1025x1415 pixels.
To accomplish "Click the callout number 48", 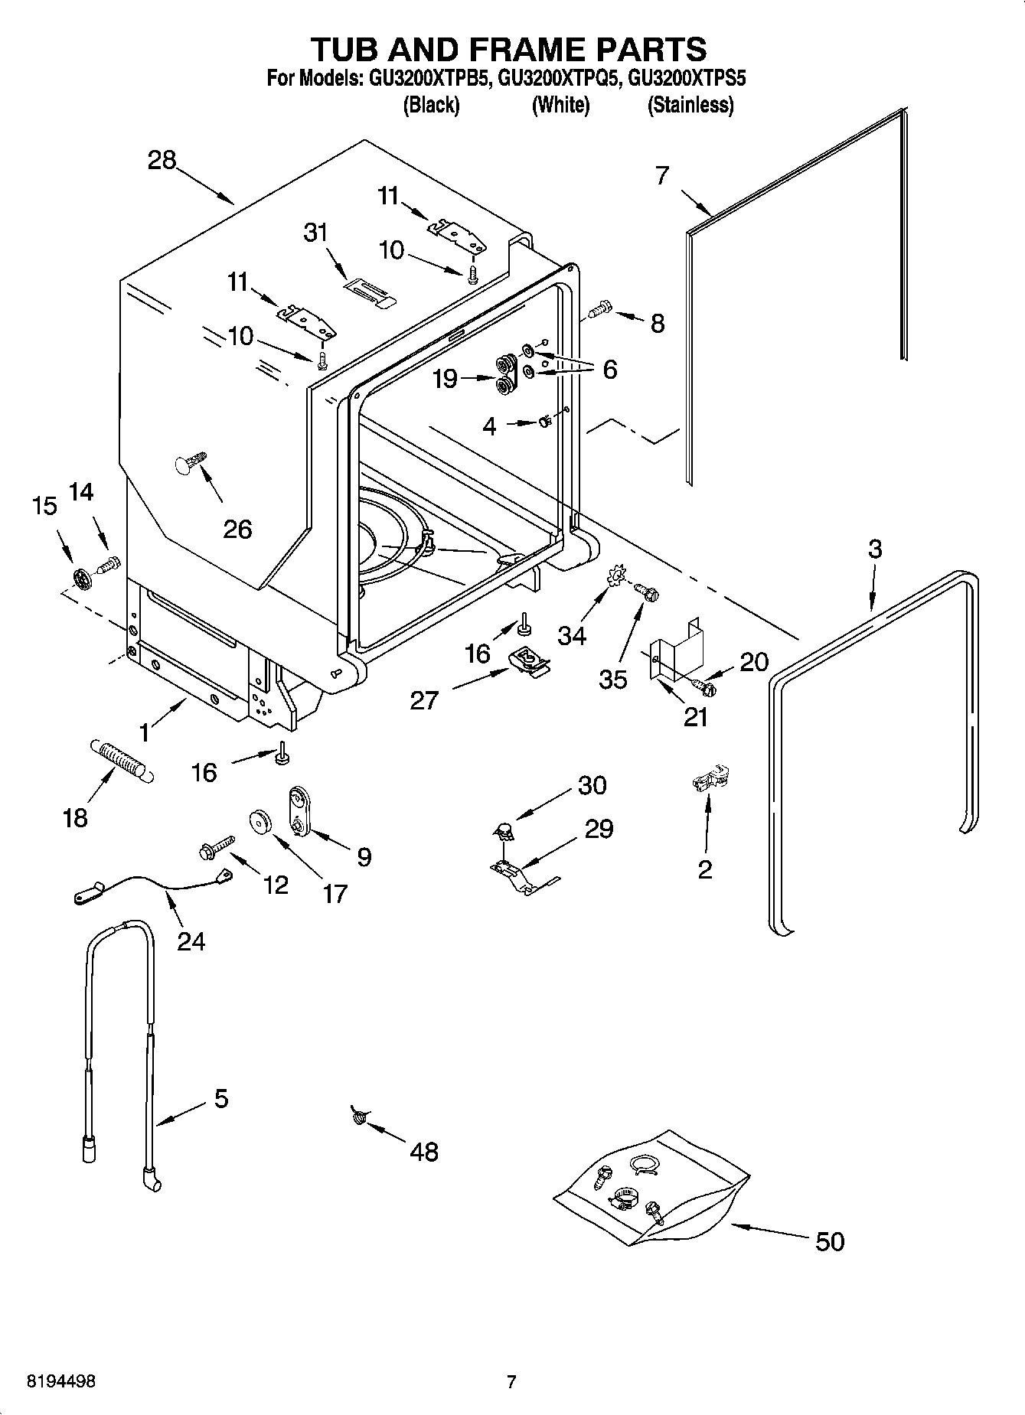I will (x=424, y=1151).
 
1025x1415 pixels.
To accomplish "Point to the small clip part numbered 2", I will (x=710, y=780).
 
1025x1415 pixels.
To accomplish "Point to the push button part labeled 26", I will (x=190, y=464).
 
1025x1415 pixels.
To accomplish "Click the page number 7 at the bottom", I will (x=511, y=1381).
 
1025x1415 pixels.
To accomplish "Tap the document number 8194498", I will (x=61, y=1381).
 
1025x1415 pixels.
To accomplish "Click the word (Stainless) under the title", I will (x=690, y=105).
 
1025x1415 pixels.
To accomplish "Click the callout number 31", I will (x=315, y=232).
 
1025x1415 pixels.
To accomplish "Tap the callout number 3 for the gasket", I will (x=874, y=549).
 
